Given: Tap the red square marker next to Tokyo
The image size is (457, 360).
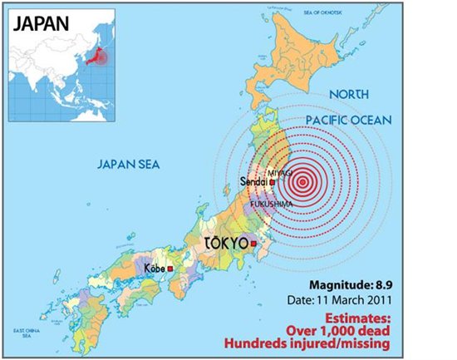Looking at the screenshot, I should [253, 244].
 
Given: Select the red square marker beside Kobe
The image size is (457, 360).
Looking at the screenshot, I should [170, 269].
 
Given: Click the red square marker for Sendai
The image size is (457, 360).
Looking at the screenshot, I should [273, 182].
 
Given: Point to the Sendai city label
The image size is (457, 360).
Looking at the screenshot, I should [253, 181].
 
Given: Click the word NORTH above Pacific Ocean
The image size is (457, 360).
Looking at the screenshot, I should [348, 95].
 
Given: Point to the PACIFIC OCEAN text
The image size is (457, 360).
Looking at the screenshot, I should [346, 121].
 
